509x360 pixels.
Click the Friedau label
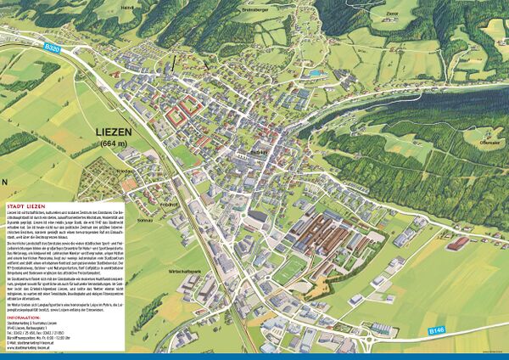pos(126,171)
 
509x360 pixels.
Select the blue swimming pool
pos(316,74)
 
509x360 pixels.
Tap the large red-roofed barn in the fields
pos(457,244)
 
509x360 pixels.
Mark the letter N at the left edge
pos(4,182)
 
